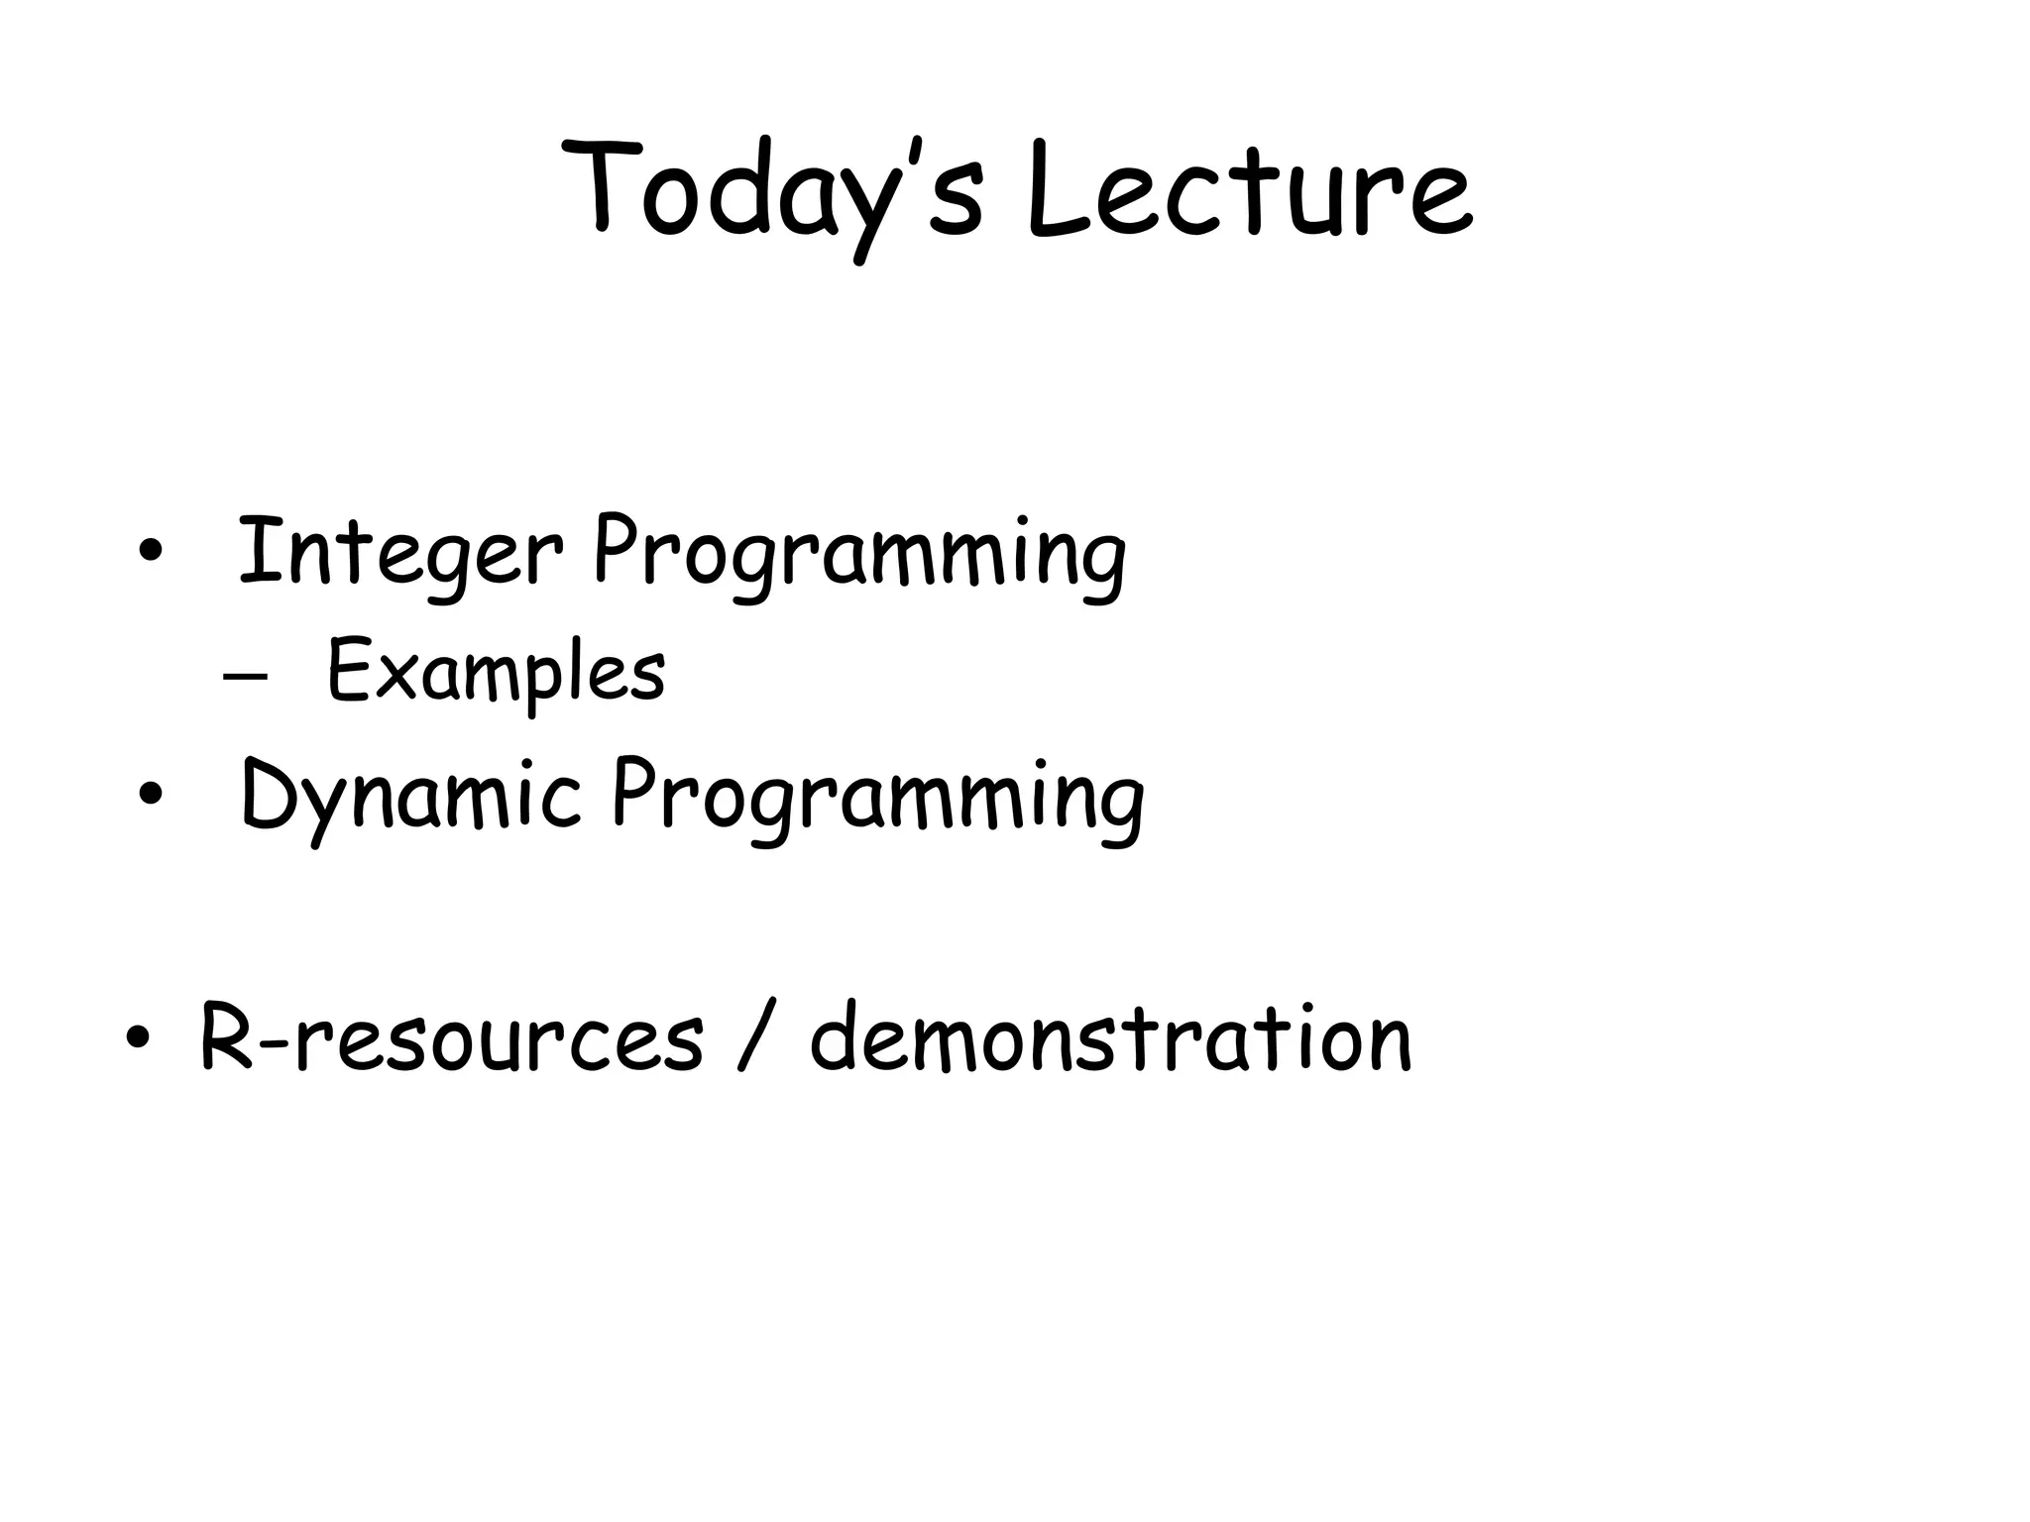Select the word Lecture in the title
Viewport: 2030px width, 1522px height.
(x=1249, y=193)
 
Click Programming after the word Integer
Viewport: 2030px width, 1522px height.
(x=858, y=555)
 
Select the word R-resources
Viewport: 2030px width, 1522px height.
(x=451, y=1038)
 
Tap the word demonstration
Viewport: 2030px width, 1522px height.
(x=1110, y=1038)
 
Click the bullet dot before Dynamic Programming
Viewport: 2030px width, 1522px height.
(x=150, y=796)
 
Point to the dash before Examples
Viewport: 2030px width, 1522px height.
(x=244, y=678)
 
